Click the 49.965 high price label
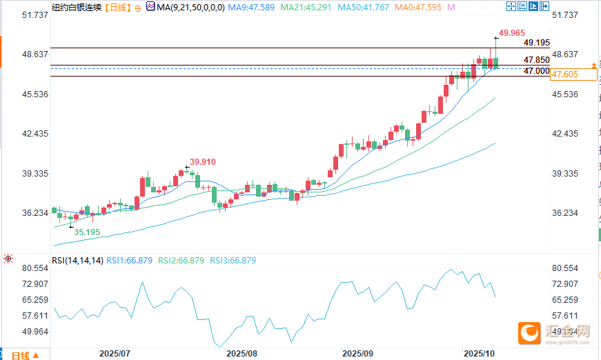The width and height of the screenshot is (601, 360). (x=513, y=32)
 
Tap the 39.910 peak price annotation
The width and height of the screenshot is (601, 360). (x=204, y=161)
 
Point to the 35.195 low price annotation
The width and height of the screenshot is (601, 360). (x=87, y=232)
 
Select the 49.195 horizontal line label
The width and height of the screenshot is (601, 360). (x=536, y=43)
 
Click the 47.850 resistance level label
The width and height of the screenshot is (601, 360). (x=536, y=61)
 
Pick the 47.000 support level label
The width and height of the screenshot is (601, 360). (x=536, y=71)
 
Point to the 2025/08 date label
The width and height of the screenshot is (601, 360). (x=242, y=352)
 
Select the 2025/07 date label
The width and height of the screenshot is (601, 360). (x=115, y=352)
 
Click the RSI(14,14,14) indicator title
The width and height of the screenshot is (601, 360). (x=77, y=261)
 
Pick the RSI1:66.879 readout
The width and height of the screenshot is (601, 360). (x=132, y=261)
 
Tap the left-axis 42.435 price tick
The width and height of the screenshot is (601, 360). (x=35, y=134)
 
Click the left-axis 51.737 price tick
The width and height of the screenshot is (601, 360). (x=35, y=14)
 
